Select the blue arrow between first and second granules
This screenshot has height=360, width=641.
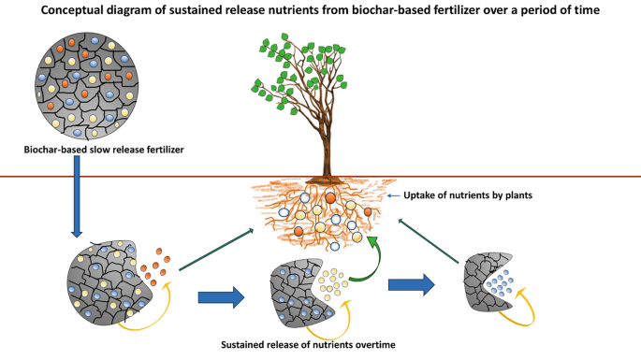click(x=221, y=299)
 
